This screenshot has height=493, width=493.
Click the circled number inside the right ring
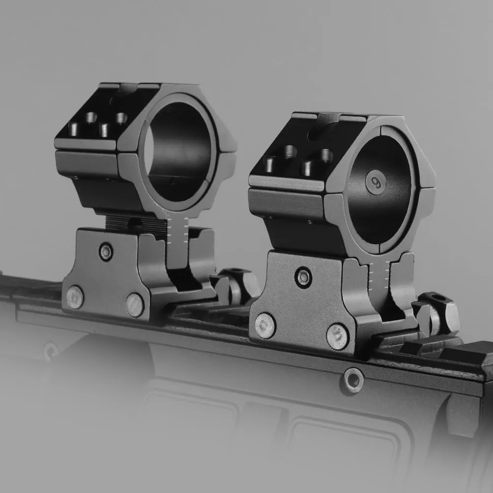click(376, 182)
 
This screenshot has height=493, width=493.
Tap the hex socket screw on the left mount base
click(105, 252)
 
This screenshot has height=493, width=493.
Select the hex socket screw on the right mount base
click(303, 278)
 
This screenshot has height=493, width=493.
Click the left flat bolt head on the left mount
click(75, 297)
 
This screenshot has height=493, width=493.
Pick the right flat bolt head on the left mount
click(134, 305)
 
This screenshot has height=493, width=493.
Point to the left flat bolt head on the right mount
click(265, 326)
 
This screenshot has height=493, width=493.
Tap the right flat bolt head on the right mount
click(337, 336)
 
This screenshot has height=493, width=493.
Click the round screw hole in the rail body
click(353, 380)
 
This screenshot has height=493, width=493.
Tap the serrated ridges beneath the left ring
click(135, 225)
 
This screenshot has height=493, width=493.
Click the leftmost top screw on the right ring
click(270, 164)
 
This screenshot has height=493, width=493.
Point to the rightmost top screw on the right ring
click(326, 156)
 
